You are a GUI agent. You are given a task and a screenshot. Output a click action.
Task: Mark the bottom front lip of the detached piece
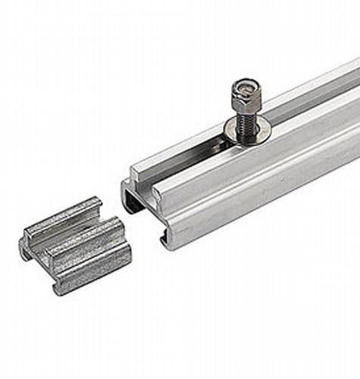pyautogui.click(x=91, y=279)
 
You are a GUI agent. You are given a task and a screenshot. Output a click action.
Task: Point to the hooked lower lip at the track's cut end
pyautogui.click(x=164, y=240)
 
